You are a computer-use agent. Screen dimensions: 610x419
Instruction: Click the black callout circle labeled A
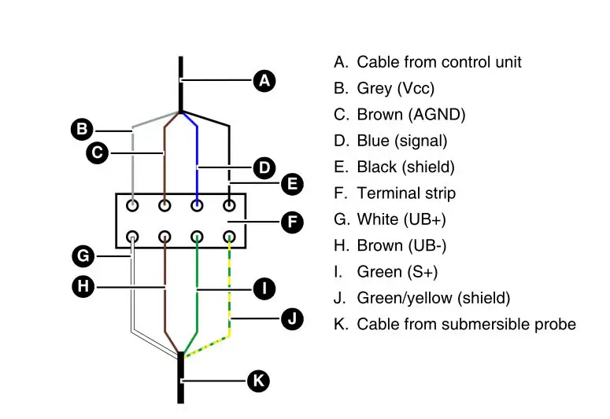coord(264,81)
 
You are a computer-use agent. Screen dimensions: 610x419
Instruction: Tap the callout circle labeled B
coord(82,129)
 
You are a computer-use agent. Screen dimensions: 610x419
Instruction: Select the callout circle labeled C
coord(98,153)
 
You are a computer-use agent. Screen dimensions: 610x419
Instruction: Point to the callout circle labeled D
coord(264,168)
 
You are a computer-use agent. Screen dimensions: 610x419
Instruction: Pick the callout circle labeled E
coord(292,184)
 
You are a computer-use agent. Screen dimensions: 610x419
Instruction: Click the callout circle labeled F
coord(292,222)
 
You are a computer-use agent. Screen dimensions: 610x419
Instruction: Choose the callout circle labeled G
coord(83,256)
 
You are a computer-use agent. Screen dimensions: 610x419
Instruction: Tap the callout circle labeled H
coord(83,286)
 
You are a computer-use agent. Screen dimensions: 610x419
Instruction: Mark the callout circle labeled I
coord(264,289)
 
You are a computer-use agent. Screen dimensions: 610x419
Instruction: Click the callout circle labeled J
coord(292,318)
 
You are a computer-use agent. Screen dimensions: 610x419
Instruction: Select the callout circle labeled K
coord(258,380)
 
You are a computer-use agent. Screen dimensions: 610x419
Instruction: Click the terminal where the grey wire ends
coord(133,205)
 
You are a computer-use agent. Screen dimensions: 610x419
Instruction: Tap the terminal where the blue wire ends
coord(198,205)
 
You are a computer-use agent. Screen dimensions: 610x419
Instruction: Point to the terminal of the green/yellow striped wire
coord(230,237)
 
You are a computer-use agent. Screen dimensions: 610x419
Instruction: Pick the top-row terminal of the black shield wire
coord(230,205)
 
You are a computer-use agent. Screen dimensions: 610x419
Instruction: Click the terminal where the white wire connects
coord(133,237)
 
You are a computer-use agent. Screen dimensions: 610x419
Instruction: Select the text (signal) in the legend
coord(421,141)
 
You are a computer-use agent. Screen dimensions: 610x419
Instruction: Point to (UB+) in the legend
coord(424,219)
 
